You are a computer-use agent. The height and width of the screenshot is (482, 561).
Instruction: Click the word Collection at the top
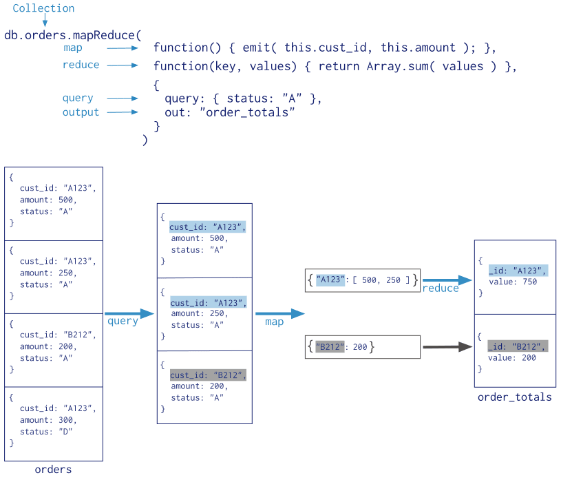[43, 9]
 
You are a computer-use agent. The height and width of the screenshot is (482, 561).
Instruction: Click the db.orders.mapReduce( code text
[72, 35]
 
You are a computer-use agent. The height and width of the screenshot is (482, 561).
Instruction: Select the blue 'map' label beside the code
[72, 48]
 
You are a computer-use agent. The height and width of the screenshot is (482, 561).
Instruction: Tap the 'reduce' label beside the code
[81, 65]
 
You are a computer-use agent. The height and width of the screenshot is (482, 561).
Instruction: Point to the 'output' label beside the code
[81, 112]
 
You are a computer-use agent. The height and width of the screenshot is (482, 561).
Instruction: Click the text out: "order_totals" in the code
[230, 112]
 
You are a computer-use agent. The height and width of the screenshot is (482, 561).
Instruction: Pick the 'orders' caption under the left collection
[53, 470]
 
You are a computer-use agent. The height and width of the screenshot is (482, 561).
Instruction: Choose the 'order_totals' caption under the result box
[515, 397]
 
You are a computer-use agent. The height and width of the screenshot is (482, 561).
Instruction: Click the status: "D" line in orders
[47, 431]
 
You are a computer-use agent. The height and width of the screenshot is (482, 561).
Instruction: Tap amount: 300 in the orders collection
[49, 420]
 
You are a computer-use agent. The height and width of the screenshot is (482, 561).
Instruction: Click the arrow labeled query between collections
[129, 314]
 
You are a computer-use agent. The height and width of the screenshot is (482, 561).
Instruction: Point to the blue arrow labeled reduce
[447, 280]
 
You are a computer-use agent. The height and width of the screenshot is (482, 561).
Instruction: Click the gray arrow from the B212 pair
[447, 348]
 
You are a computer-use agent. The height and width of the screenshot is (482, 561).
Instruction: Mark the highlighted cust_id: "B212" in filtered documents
[207, 375]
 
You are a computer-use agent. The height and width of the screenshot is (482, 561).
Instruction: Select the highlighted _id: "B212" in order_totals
[517, 346]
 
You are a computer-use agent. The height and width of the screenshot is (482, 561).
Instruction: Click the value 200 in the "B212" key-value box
[360, 347]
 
